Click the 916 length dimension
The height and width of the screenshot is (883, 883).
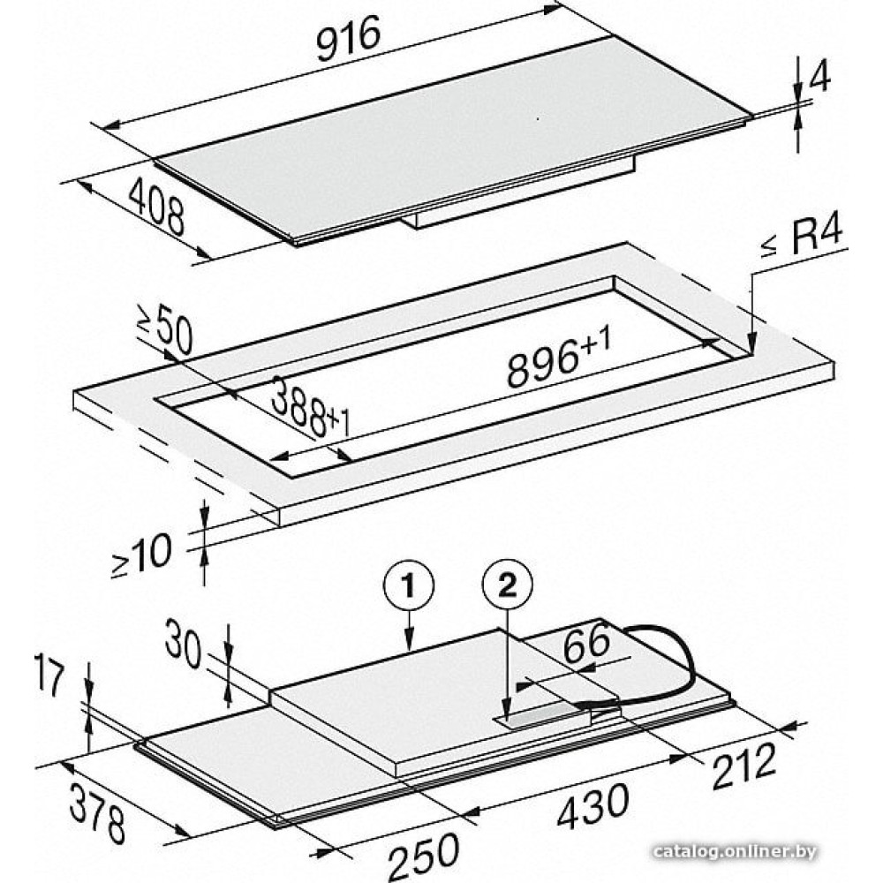349,38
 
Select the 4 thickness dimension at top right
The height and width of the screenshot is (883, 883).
819,74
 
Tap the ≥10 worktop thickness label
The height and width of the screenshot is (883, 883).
141,555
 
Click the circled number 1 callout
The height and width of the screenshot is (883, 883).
409,586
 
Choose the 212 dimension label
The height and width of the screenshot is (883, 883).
743,765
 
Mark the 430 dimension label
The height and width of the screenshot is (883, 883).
592,806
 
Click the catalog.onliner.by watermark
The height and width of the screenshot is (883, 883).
736,851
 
